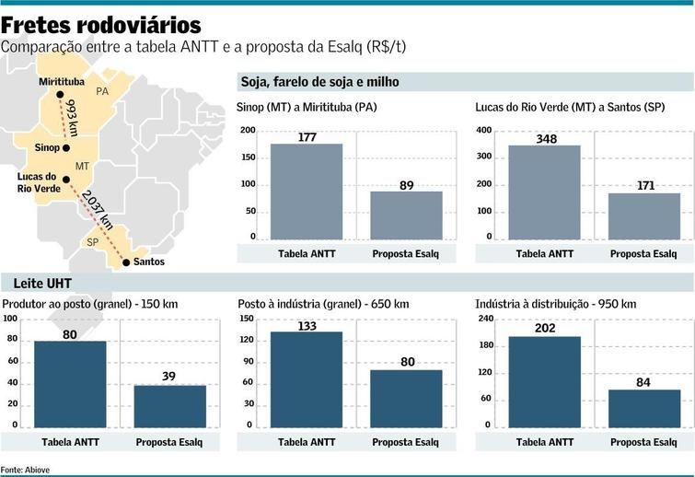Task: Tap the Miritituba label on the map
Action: [x=62, y=82]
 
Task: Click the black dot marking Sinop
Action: [x=66, y=147]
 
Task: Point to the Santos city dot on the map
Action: [x=124, y=262]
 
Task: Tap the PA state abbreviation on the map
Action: [x=102, y=92]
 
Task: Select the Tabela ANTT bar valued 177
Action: [x=306, y=192]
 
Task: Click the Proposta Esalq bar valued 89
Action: [x=406, y=215]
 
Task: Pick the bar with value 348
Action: [x=544, y=192]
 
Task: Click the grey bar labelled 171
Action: [x=643, y=215]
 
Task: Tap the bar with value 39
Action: [x=170, y=405]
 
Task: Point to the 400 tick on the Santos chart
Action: [x=483, y=131]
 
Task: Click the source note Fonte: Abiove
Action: [x=26, y=470]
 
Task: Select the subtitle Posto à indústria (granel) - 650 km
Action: [x=323, y=304]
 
